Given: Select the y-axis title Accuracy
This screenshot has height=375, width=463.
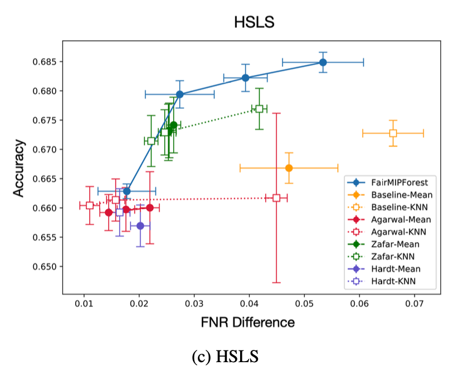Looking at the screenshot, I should tap(19, 168).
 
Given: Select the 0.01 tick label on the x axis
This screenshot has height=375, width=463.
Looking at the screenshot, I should tap(84, 304).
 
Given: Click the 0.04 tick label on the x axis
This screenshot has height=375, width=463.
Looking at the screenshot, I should tap(249, 304).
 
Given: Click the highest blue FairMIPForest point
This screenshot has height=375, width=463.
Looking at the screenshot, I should tap(323, 62).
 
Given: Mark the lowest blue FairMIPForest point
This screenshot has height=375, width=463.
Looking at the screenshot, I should tap(126, 191).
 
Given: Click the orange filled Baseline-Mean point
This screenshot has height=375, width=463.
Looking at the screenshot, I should tap(289, 168).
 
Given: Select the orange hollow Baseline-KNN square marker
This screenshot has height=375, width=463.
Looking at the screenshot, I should tap(393, 133).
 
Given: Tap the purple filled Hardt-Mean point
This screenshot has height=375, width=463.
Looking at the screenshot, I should tap(140, 226).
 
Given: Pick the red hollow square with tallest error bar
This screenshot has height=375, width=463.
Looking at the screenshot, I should tap(276, 198).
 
